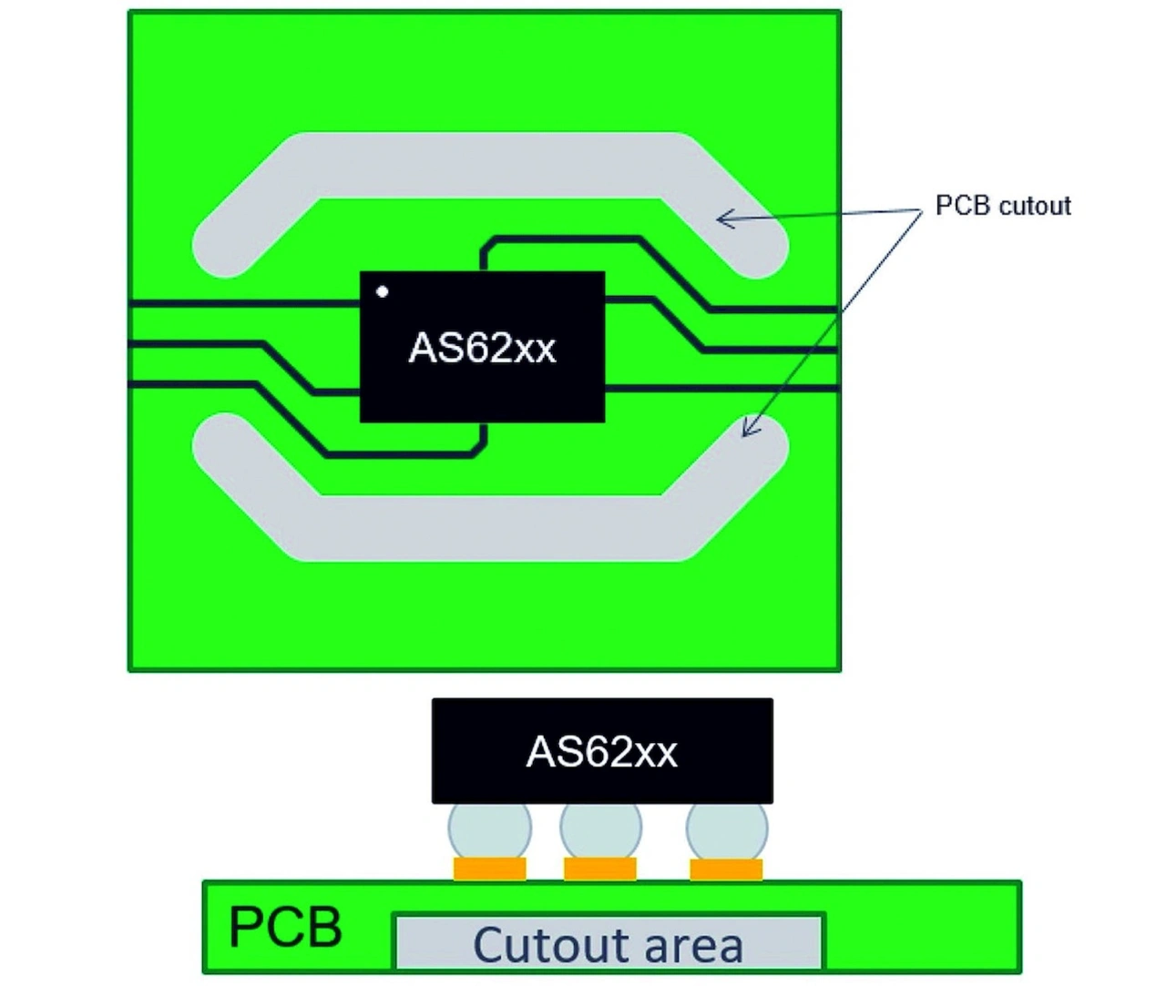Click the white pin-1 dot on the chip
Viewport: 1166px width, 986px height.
(x=383, y=291)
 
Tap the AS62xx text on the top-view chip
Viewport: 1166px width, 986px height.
(x=482, y=348)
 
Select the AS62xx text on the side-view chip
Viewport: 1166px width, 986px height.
(x=602, y=752)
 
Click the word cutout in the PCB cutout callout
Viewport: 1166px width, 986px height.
(x=1035, y=206)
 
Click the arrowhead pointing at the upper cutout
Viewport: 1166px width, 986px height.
(x=722, y=219)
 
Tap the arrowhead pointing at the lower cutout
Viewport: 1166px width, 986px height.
(x=747, y=430)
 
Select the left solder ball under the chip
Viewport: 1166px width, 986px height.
(x=489, y=829)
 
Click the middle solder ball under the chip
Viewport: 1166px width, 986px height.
(x=600, y=829)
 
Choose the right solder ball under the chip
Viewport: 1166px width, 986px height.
(x=726, y=829)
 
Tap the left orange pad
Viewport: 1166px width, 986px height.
(x=489, y=869)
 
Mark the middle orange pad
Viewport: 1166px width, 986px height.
(x=600, y=869)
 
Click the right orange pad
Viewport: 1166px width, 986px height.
(x=726, y=869)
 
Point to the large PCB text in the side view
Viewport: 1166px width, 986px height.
(x=285, y=927)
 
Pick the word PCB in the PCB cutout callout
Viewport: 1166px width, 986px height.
(x=963, y=206)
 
